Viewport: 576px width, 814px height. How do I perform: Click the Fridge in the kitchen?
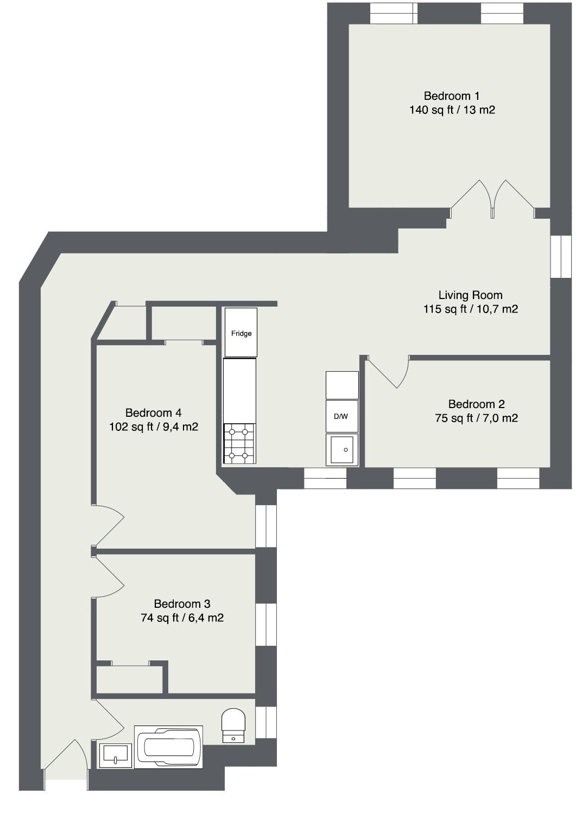click(241, 333)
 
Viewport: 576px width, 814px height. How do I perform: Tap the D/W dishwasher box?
click(341, 417)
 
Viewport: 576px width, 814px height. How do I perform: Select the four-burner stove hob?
click(239, 443)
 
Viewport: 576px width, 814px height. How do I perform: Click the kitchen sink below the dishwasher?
click(342, 450)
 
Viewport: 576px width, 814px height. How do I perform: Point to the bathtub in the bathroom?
click(168, 747)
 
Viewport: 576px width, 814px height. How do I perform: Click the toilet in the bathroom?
click(233, 726)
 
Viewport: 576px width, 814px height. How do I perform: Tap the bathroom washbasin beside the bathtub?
click(116, 755)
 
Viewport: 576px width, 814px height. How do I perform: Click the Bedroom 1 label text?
click(451, 96)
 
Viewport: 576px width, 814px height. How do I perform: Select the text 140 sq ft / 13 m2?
click(452, 110)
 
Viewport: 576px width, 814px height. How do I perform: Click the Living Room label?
click(470, 295)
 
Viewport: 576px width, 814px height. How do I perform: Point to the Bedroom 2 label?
click(476, 404)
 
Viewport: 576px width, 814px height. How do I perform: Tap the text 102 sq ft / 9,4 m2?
click(154, 427)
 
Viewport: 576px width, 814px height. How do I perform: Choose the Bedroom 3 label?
click(182, 604)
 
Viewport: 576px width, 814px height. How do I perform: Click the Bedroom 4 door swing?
click(109, 525)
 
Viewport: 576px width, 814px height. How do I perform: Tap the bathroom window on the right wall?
click(266, 722)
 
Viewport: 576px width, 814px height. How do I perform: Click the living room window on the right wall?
click(561, 257)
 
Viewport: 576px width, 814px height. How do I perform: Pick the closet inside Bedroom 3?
click(129, 678)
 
